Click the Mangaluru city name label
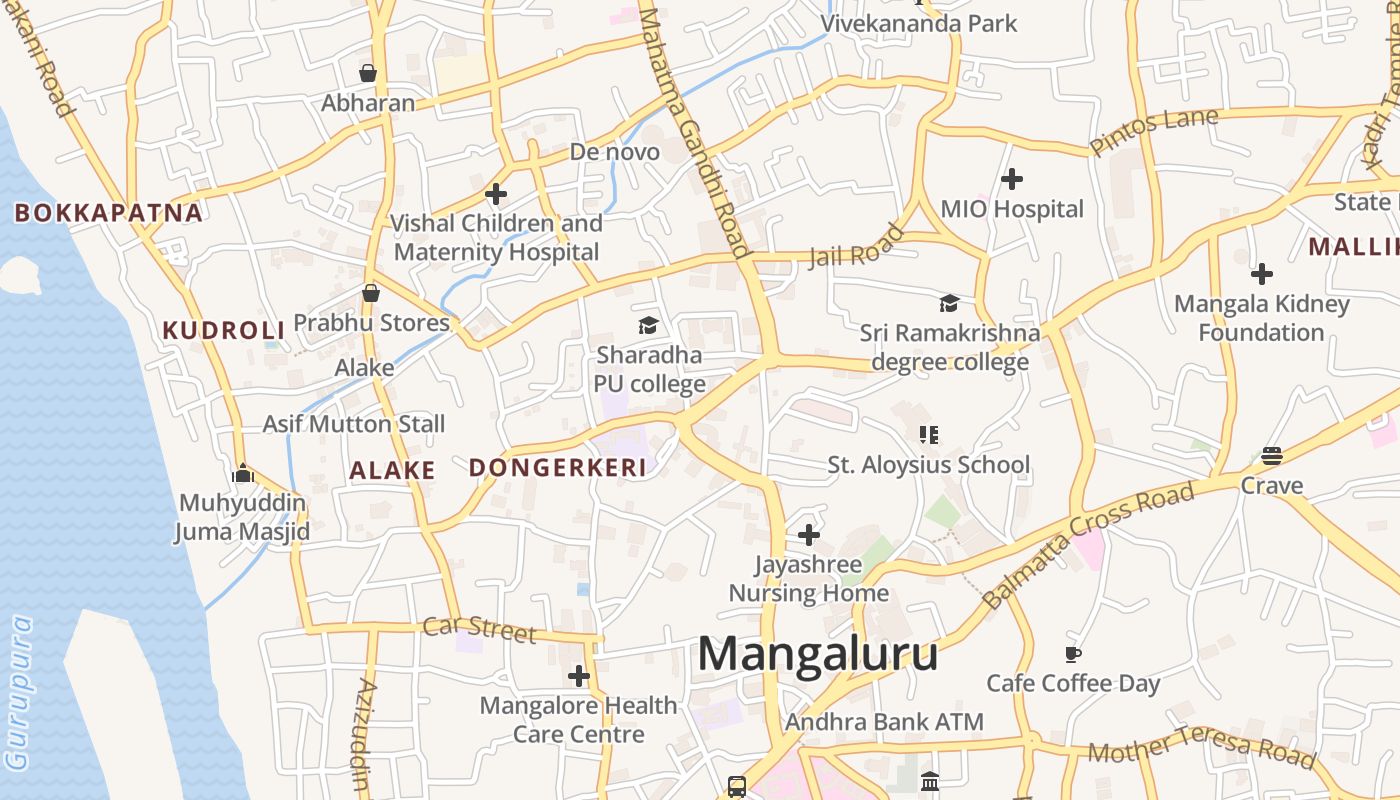point(817,655)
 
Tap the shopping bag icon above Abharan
point(368,73)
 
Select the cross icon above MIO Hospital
point(1012,179)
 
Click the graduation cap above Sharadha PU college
point(649,325)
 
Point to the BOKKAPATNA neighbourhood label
point(108,213)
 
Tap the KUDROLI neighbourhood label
point(224,330)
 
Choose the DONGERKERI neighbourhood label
point(557,467)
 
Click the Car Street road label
point(479,629)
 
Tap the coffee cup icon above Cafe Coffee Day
point(1073,655)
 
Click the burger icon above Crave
point(1272,456)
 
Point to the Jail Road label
point(857,247)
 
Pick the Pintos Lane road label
point(1154,131)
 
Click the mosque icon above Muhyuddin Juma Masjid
point(242,473)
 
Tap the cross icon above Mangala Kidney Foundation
point(1262,273)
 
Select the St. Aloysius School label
point(928,465)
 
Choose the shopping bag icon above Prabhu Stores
point(371,293)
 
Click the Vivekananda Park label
point(918,24)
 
